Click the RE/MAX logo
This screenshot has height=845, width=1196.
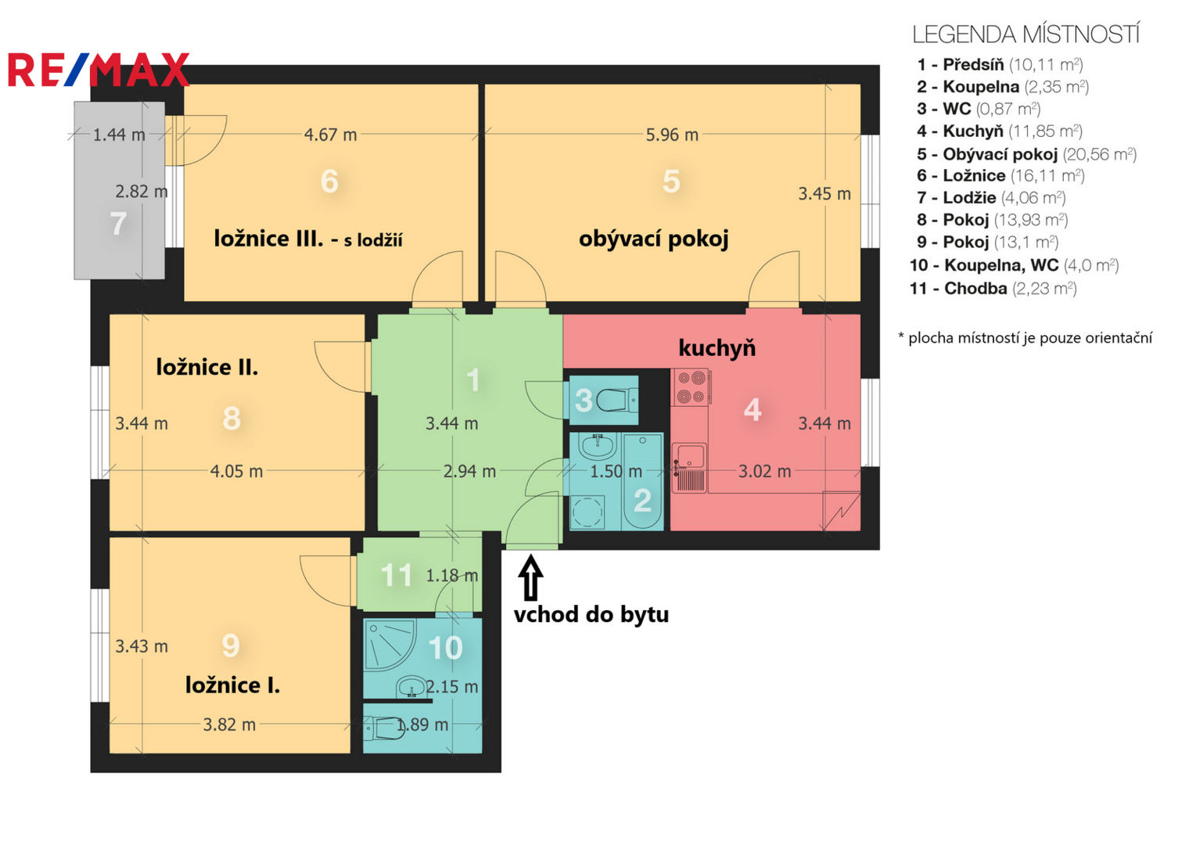point(99,70)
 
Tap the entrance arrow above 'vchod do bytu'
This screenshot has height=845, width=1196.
point(530,577)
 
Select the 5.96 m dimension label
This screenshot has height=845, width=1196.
point(672,135)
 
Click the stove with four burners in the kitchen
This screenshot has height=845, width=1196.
point(691,387)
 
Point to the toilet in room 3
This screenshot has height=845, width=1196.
point(616,400)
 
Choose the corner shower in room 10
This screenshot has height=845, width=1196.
point(390,645)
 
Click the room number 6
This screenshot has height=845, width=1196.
point(329,181)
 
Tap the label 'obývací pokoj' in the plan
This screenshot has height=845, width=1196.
point(653,239)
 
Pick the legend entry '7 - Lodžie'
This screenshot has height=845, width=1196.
point(991,198)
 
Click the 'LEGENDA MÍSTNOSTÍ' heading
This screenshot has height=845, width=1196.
point(1025,34)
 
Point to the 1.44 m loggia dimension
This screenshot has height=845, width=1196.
point(119,135)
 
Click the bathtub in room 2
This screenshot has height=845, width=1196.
point(643,482)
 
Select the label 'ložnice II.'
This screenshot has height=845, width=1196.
point(207,367)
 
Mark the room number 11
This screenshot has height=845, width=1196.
point(396,575)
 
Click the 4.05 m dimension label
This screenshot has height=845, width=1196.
point(236,471)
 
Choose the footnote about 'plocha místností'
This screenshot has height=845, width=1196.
point(1025,337)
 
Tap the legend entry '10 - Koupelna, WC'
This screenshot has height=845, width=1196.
point(1014,265)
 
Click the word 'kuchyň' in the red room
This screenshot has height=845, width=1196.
point(717,347)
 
